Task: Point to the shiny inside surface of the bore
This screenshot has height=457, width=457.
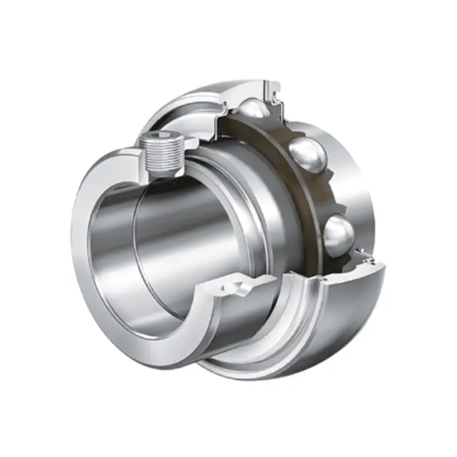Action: (x=164, y=236)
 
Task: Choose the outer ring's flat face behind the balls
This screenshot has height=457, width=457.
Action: (x=368, y=179)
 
